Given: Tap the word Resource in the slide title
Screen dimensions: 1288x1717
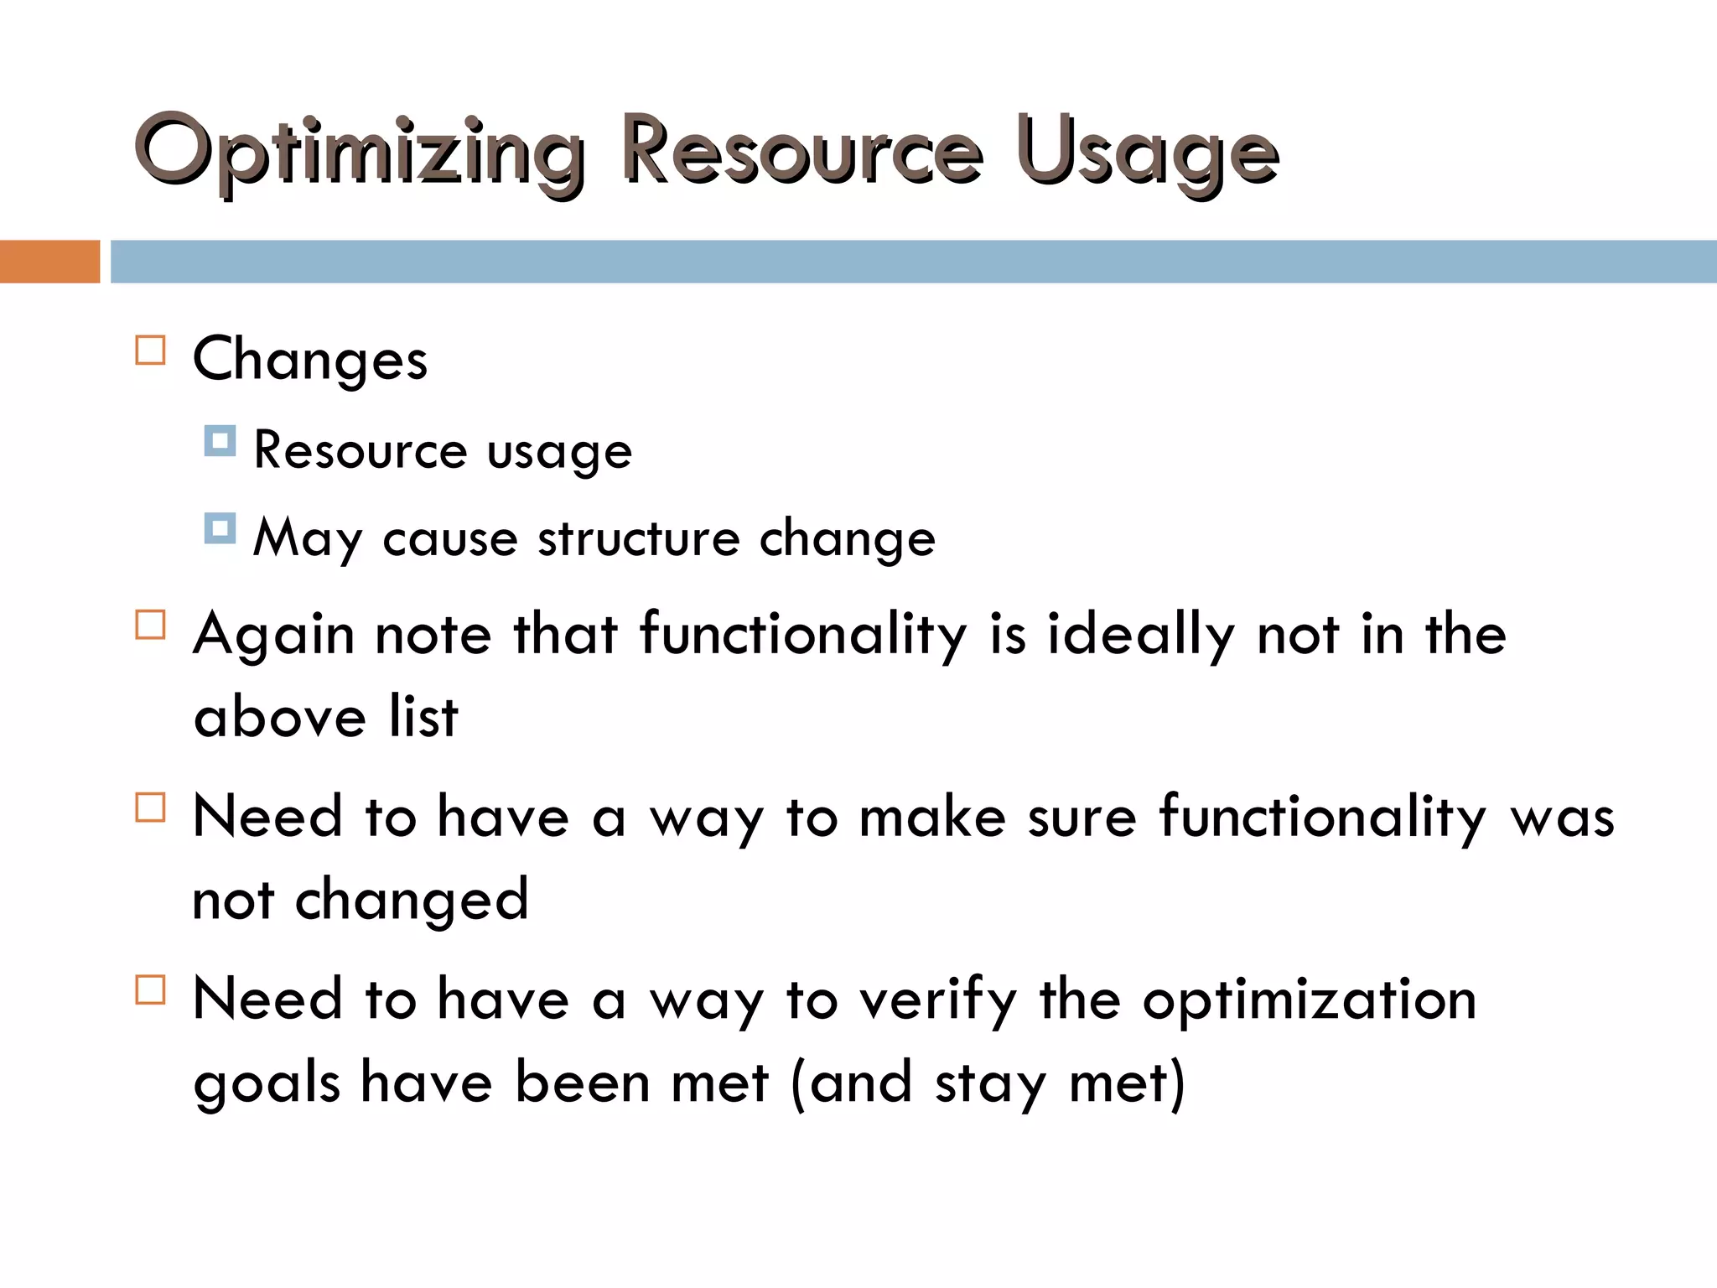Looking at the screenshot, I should coord(801,151).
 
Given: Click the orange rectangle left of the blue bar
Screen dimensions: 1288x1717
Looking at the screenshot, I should coord(49,261).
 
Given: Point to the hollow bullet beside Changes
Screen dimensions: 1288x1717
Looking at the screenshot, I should coord(151,351).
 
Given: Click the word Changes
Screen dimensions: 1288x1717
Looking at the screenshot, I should coord(310,359).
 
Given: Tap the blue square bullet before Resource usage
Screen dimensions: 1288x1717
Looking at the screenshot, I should coord(220,440).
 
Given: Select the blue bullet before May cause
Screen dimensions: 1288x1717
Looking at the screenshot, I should coord(220,528).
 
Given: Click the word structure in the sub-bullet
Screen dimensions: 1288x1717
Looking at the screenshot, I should coord(639,538).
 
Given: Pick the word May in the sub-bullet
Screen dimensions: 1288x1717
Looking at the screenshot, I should coord(308,538).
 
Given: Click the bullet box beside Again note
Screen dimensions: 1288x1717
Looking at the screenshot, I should coord(151,625).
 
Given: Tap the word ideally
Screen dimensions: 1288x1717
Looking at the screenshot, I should coord(1140,635).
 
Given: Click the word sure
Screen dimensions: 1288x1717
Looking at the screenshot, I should coord(1082,817).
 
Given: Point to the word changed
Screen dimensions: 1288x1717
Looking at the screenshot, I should coord(412,901).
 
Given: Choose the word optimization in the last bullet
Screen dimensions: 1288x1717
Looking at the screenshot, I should coord(1309,1000).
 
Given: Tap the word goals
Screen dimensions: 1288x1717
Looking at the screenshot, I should coord(267,1083).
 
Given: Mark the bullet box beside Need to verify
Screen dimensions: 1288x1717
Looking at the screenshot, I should coord(151,989).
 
